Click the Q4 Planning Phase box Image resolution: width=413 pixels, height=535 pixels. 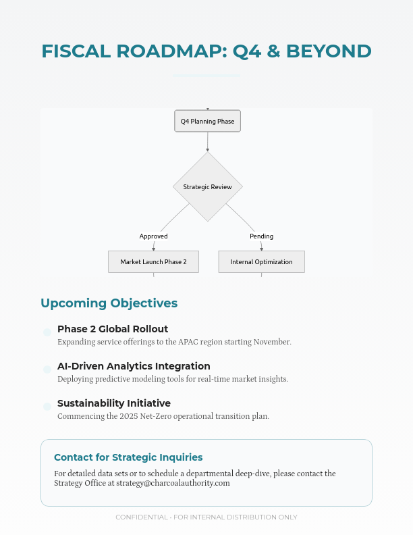pyautogui.click(x=207, y=122)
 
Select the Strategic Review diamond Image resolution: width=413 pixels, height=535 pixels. pyautogui.click(x=207, y=186)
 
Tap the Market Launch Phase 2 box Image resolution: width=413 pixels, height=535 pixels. pyautogui.click(x=153, y=261)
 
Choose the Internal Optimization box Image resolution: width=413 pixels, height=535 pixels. pyautogui.click(x=261, y=261)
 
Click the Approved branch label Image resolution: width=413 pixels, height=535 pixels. pyautogui.click(x=153, y=236)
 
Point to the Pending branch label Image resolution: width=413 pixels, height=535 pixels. pyautogui.click(x=261, y=236)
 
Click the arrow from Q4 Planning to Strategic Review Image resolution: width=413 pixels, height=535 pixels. pyautogui.click(x=207, y=141)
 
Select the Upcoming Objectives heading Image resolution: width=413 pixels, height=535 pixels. pyautogui.click(x=109, y=303)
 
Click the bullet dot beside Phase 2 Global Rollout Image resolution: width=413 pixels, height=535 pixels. pyautogui.click(x=47, y=332)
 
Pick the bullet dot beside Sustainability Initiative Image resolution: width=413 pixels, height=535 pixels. pyautogui.click(x=47, y=407)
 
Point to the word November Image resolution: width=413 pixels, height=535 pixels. pyautogui.click(x=271, y=342)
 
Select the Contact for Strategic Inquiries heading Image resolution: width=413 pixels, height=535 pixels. pyautogui.click(x=128, y=457)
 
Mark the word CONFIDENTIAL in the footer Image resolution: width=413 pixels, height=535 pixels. pyautogui.click(x=142, y=517)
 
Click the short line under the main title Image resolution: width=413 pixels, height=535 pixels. pyautogui.click(x=206, y=76)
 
